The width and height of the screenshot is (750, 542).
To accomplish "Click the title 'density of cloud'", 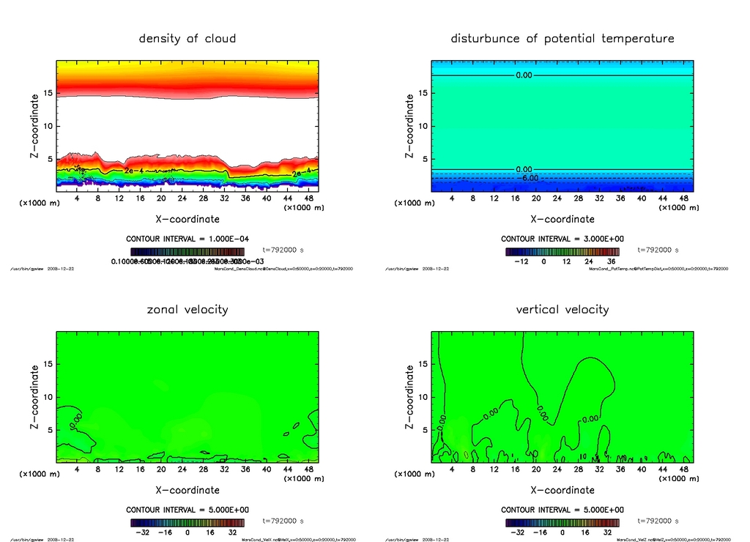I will tap(187, 38).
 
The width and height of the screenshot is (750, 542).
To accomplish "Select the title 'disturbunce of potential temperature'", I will tap(562, 38).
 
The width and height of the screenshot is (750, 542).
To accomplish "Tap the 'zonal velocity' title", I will tap(187, 309).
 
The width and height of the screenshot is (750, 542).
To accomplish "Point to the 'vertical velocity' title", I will tap(562, 309).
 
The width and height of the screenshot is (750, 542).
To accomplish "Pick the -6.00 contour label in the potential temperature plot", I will tap(530, 178).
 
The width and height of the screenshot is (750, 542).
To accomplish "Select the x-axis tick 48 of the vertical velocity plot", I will tap(684, 469).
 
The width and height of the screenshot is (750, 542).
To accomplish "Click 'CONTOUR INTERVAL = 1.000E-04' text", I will tap(187, 239).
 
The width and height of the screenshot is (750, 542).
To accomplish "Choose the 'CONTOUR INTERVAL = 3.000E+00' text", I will tap(562, 239).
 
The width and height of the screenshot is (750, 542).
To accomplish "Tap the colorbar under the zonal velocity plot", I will tap(187, 522).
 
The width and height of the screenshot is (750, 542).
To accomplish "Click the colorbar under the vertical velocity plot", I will tap(562, 522).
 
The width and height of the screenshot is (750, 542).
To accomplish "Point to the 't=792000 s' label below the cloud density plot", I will tap(283, 250).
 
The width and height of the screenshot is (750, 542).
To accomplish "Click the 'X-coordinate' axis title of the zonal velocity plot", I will tap(187, 489).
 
